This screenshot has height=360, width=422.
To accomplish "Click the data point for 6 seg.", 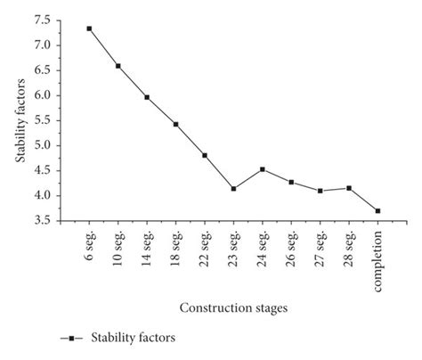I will [89, 29].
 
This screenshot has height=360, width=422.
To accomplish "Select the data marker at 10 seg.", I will [118, 66].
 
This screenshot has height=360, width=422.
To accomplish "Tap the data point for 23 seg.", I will [233, 189].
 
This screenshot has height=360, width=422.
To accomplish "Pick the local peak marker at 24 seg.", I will [262, 169].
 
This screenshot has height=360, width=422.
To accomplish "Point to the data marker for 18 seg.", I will [175, 124].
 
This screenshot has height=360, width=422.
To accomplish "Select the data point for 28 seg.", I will [349, 188].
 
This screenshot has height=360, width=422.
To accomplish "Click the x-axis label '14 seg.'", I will [147, 250].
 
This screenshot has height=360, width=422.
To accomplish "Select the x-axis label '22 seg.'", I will [205, 250].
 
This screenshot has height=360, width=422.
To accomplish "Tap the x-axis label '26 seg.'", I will [291, 250].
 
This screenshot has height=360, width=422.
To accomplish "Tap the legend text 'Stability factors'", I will [131, 339].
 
